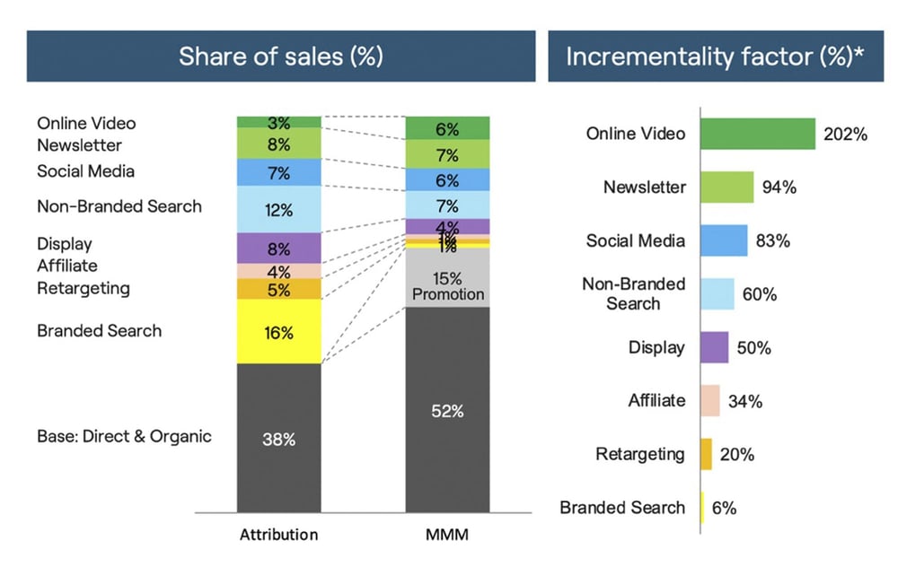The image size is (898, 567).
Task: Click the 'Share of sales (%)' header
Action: coord(280,56)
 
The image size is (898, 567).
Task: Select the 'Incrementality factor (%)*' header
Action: coord(715,56)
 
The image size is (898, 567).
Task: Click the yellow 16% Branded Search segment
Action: coord(279,333)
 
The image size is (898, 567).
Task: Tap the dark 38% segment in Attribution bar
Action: coord(279,441)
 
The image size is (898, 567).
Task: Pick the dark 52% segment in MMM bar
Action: coord(447,412)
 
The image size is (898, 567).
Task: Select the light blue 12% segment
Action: coord(279,210)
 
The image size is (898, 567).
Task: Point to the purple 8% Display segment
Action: coord(279,249)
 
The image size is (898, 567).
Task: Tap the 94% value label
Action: coord(779,188)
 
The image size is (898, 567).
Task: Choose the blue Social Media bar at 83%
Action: coord(724,240)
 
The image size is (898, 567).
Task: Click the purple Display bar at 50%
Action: coord(714,347)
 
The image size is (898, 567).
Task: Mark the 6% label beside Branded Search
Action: coord(724,508)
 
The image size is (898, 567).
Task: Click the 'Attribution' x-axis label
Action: coord(278,535)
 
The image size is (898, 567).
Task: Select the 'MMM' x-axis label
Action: coord(447,535)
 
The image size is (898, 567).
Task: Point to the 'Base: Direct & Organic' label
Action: coord(124,437)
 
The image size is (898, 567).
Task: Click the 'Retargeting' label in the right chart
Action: coord(639,454)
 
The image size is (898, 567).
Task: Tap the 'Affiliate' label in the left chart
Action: coord(67,266)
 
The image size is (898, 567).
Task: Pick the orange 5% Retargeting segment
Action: coord(279,290)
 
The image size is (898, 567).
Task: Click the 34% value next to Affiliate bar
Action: coord(744,401)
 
